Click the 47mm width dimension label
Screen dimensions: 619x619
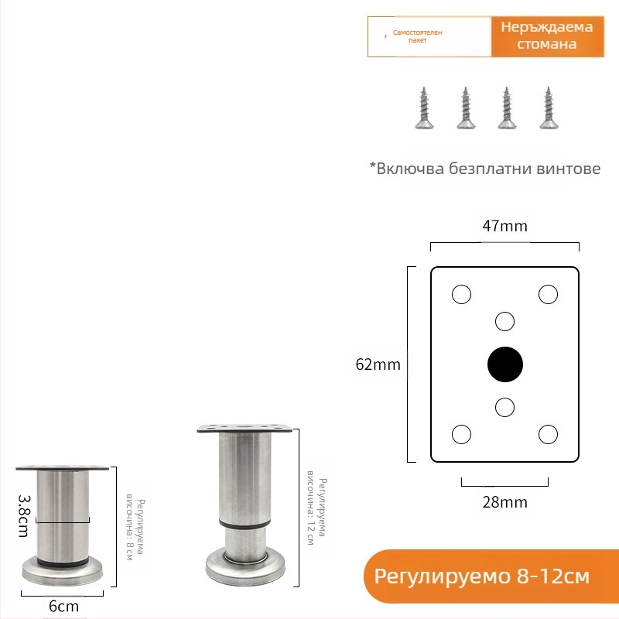[504, 226]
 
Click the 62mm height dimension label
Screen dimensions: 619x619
[378, 364]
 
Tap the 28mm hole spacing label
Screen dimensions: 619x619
[504, 502]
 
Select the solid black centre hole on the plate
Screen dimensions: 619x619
[505, 364]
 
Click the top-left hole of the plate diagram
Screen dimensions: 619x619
[461, 294]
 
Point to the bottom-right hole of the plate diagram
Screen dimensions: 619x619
[549, 434]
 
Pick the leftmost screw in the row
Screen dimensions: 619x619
[424, 108]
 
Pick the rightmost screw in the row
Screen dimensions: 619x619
[548, 108]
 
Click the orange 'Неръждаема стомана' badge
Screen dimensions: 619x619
[547, 36]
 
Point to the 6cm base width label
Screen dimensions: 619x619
[63, 606]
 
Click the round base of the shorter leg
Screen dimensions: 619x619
[62, 571]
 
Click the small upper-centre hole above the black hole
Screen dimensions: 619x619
[505, 320]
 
